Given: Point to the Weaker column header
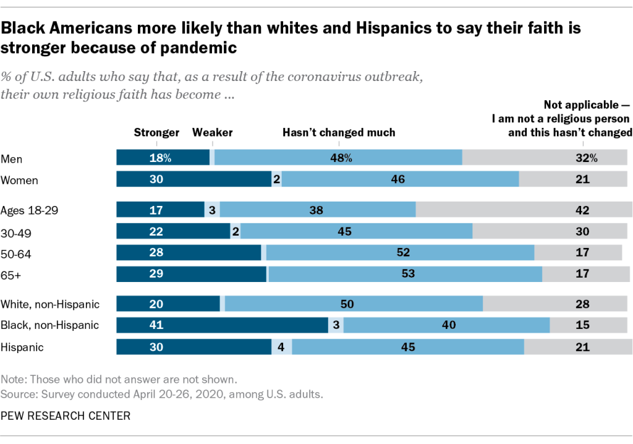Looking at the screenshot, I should pyautogui.click(x=213, y=132).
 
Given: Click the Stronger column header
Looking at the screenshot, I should pyautogui.click(x=156, y=132).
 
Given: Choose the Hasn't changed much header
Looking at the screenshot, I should pyautogui.click(x=339, y=132).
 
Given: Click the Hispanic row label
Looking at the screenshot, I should pyautogui.click(x=22, y=347).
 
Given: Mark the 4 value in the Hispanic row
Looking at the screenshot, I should pyautogui.click(x=281, y=347).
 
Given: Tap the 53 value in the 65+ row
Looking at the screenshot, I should pyautogui.click(x=408, y=273).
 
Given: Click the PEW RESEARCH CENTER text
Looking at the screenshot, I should pyautogui.click(x=66, y=416).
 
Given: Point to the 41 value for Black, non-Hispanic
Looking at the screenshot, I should pyautogui.click(x=156, y=325).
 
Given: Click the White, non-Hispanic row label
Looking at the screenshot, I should pyautogui.click(x=51, y=304).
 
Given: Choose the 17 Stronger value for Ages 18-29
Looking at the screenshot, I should pyautogui.click(x=156, y=210).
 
